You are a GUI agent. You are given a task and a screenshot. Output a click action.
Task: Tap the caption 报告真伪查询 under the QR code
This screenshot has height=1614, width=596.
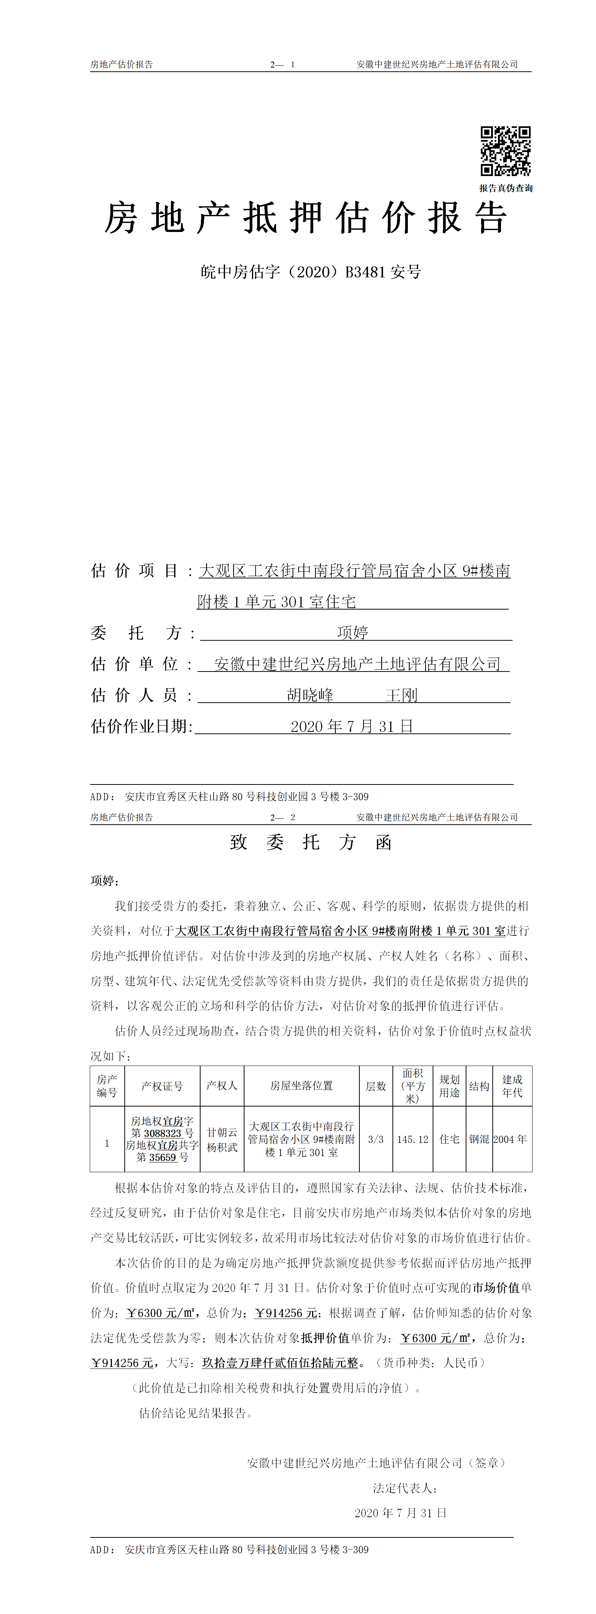[x=506, y=188]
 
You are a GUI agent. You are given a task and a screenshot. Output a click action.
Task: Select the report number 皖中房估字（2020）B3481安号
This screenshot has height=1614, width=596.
[x=311, y=272]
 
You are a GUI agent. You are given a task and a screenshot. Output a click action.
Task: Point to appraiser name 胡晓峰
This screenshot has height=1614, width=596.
[x=310, y=695]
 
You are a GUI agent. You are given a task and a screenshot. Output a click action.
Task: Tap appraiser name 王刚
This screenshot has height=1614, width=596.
[x=401, y=695]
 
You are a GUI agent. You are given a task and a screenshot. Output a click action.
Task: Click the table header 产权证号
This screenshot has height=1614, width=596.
[x=162, y=1086]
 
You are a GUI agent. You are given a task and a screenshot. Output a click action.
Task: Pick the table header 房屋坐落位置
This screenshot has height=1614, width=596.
[x=302, y=1086]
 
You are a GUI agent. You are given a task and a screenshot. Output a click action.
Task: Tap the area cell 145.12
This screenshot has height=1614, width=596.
[x=412, y=1139]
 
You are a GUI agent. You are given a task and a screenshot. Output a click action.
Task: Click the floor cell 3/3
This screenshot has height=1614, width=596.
[x=376, y=1139]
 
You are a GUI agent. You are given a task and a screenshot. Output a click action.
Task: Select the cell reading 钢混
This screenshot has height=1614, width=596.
[x=480, y=1139]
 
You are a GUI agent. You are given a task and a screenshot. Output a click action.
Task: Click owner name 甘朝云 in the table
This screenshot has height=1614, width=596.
[x=222, y=1132]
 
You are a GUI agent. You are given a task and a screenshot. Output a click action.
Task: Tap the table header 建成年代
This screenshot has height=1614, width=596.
[x=512, y=1086]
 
